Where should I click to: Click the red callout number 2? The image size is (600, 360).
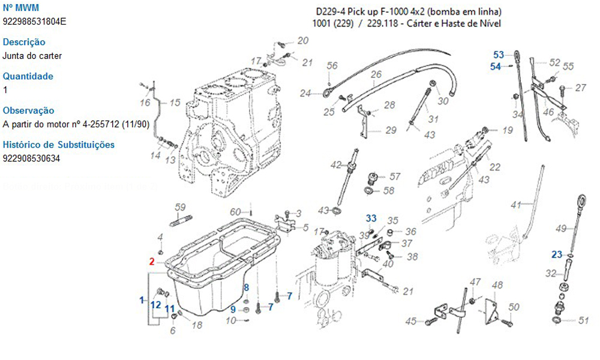(152, 262)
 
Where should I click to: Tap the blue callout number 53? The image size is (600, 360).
(499, 55)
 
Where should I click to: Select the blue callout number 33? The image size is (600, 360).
(372, 217)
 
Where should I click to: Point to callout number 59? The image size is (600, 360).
(180, 208)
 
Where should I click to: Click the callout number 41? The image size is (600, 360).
(515, 206)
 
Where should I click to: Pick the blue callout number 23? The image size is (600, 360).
(557, 254)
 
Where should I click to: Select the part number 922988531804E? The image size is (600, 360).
(35, 22)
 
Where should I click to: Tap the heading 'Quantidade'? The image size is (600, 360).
(28, 76)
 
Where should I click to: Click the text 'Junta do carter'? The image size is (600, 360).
(32, 56)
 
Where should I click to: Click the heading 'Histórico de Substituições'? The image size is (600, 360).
(59, 145)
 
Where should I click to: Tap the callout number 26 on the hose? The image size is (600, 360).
(376, 75)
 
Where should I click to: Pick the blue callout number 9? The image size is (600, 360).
(233, 310)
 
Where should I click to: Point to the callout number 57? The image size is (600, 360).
(395, 176)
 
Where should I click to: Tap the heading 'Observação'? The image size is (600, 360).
(28, 110)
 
